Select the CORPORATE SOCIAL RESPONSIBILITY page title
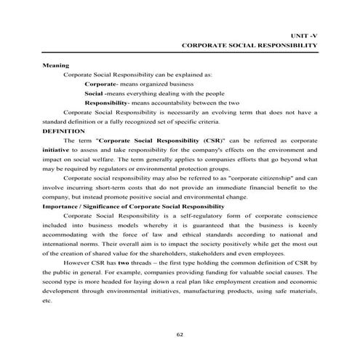pyautogui.click(x=249, y=45)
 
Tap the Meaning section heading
pyautogui.click(x=55, y=65)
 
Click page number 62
pyautogui.click(x=180, y=334)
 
